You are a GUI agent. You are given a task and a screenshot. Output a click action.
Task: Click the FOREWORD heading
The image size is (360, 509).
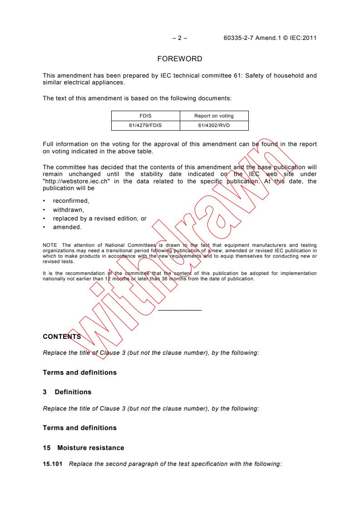(x=179, y=59)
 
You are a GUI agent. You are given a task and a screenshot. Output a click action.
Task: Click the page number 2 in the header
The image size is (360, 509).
(x=179, y=38)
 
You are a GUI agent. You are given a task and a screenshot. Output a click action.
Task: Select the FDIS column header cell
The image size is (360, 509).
(x=146, y=116)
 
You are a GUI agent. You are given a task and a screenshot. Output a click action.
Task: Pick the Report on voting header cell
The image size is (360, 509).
(x=214, y=116)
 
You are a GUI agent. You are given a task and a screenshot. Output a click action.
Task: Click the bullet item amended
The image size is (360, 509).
(x=67, y=227)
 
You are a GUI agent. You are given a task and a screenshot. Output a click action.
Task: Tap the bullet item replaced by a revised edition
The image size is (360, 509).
(x=99, y=219)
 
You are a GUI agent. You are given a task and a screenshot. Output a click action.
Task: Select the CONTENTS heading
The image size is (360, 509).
(x=62, y=337)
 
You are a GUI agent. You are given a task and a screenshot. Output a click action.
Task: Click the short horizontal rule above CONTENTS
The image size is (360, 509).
(x=179, y=310)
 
